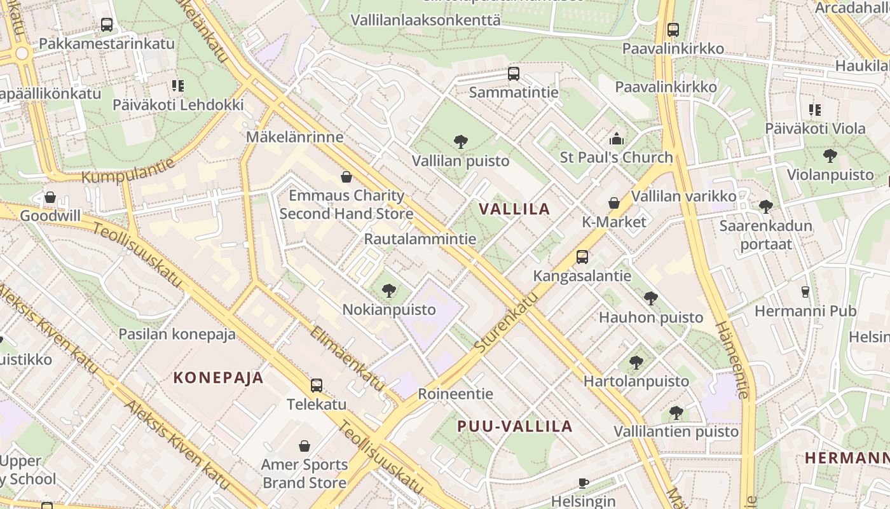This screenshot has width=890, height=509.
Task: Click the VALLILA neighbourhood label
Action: click(514, 209)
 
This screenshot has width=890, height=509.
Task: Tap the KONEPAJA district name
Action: click(219, 377)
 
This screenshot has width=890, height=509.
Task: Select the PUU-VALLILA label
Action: click(515, 426)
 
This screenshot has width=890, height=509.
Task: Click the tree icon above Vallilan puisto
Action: click(461, 142)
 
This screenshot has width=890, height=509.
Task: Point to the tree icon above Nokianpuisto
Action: click(389, 291)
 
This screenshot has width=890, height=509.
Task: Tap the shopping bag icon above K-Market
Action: click(614, 203)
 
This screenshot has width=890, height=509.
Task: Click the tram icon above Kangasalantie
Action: click(582, 257)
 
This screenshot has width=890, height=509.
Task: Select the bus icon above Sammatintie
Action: click(514, 74)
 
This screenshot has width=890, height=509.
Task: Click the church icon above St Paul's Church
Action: click(616, 139)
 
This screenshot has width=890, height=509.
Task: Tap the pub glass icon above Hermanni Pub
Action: click(805, 292)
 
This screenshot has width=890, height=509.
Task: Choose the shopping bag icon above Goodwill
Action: click(50, 197)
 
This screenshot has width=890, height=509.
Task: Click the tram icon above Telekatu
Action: click(316, 385)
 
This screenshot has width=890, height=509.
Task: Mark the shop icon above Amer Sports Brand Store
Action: click(305, 446)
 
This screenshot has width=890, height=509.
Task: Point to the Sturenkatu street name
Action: click(506, 323)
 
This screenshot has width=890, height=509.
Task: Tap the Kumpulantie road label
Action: click(128, 171)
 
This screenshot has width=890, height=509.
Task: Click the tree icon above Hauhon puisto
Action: click(650, 298)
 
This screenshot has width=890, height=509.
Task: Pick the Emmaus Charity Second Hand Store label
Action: click(346, 204)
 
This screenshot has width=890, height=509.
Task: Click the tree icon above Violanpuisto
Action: click(830, 155)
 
